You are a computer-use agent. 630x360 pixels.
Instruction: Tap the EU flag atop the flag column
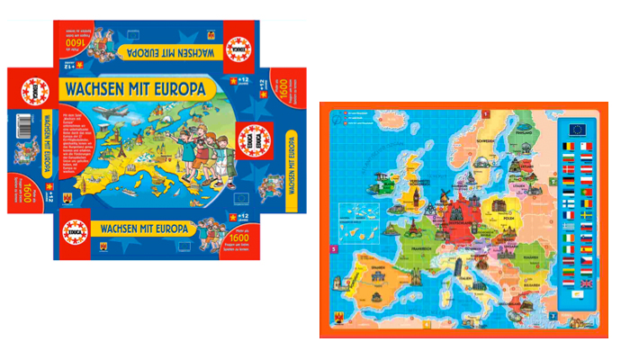(577, 128)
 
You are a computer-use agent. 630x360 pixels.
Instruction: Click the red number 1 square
(487, 115)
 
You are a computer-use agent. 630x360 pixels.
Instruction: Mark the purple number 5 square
(332, 249)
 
